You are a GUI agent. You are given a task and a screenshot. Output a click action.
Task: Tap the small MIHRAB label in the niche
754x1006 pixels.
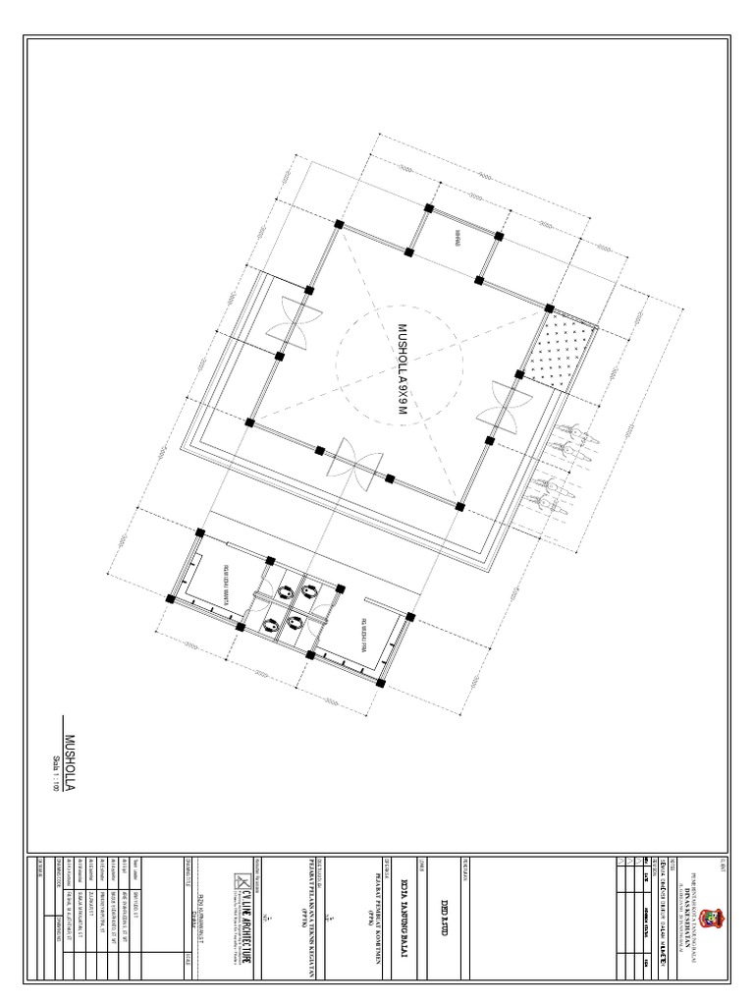click(456, 237)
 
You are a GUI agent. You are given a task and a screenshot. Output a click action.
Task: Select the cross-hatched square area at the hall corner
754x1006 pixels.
click(560, 345)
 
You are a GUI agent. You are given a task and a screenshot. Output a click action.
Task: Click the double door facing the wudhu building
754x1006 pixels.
click(352, 464)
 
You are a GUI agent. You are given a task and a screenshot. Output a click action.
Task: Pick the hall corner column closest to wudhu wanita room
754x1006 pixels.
click(250, 422)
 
